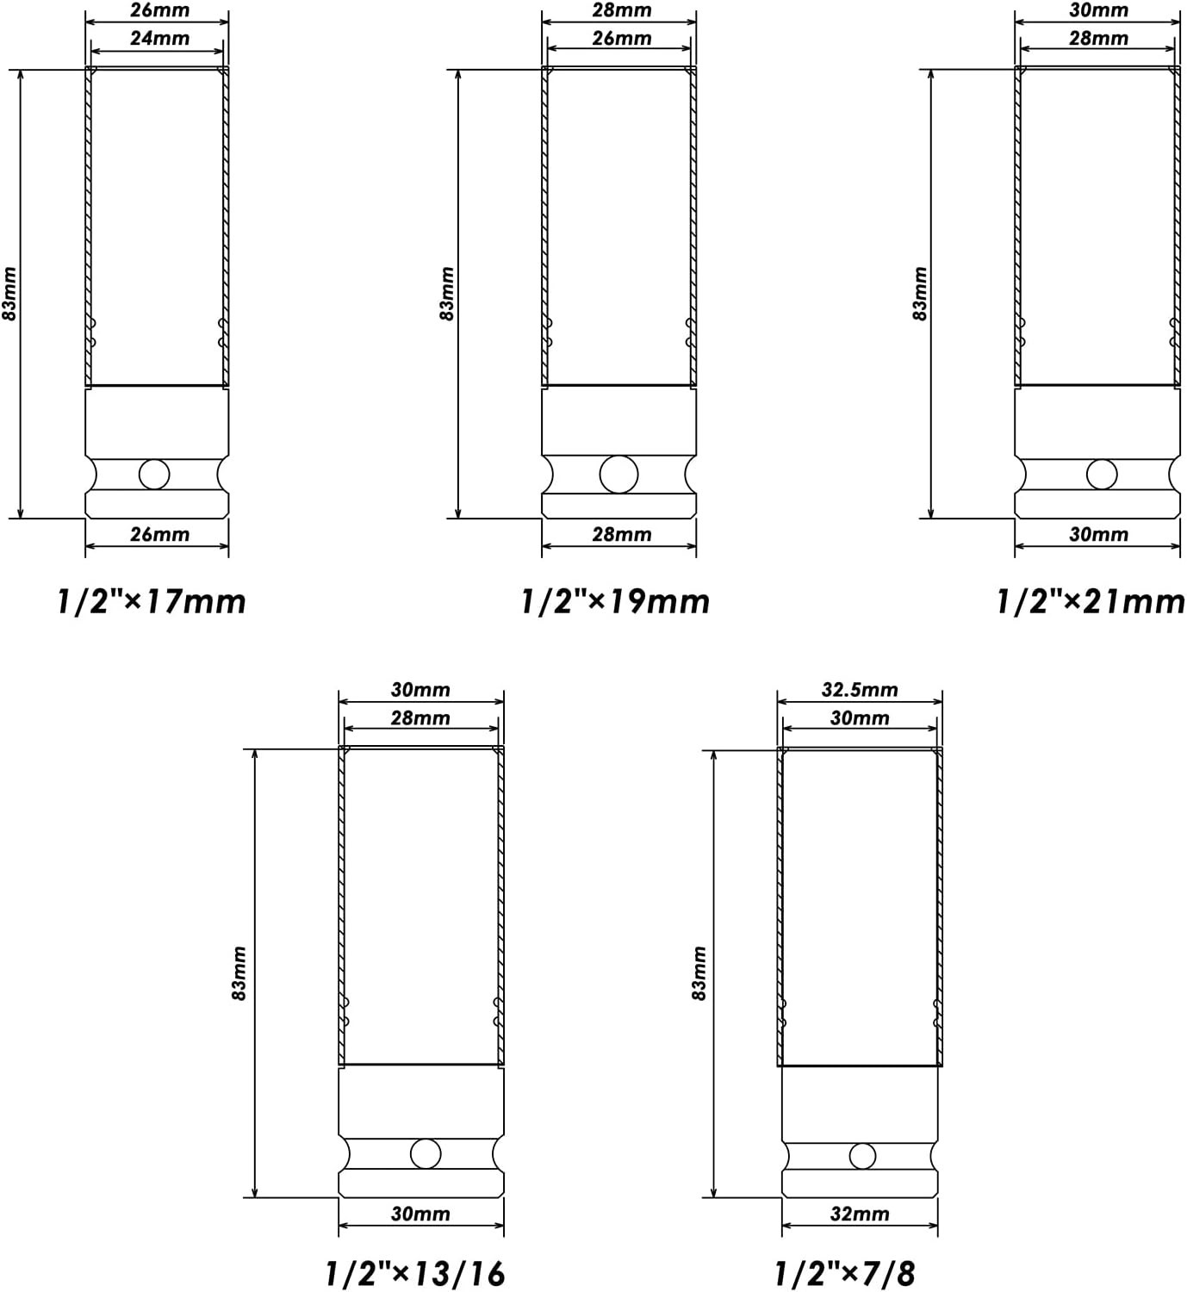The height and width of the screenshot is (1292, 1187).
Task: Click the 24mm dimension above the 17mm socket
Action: coord(160,39)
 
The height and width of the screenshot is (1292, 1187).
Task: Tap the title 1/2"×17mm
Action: coord(152,602)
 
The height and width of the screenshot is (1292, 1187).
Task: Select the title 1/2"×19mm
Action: coord(615,602)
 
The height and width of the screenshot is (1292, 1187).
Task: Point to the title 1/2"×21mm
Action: coord(1091,602)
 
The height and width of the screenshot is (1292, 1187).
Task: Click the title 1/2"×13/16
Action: coord(416,1273)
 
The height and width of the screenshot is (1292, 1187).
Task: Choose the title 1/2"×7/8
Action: coord(845,1273)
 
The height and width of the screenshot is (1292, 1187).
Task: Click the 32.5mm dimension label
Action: coord(860,690)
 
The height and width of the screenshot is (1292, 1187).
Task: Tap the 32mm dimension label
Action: coord(860,1214)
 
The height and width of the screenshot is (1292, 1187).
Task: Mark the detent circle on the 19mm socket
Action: coord(618,475)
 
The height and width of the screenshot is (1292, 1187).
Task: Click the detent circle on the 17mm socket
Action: coord(154,475)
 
